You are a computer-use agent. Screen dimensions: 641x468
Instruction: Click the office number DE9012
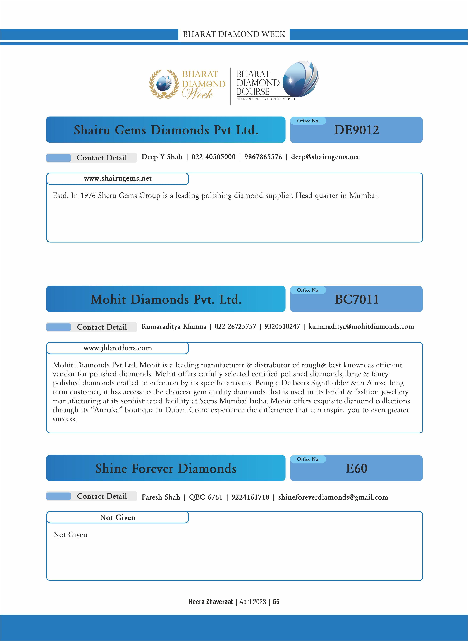[x=356, y=130]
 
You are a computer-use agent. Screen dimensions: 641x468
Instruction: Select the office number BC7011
[x=356, y=299]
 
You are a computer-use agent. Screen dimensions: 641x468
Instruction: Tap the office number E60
[x=356, y=468]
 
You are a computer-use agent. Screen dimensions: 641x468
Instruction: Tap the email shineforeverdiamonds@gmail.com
[x=333, y=497]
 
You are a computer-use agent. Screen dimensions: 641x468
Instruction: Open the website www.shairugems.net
[x=118, y=178]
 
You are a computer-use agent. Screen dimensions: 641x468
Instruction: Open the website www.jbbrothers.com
[x=118, y=348]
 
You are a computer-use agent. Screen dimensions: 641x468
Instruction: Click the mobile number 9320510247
[x=282, y=326]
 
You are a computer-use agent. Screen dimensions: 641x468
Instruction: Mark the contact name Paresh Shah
[x=161, y=497]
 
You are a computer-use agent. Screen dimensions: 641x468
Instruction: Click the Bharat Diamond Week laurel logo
[x=164, y=84]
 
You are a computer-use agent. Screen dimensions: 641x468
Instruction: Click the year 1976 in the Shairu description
[x=88, y=196]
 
